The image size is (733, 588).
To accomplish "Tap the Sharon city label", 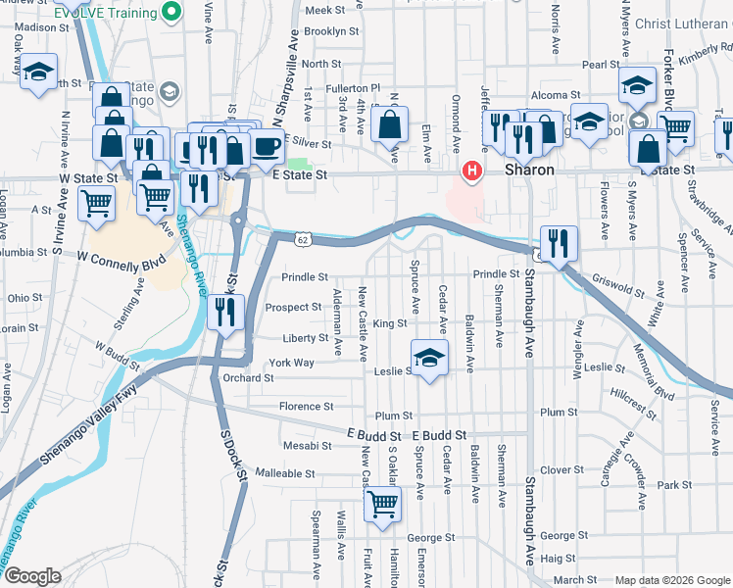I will tap(530, 170).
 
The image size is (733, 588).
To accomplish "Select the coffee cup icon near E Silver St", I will tap(267, 146).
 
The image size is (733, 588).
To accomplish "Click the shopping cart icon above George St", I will tap(382, 504).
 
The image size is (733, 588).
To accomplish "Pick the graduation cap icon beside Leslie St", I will tap(428, 358).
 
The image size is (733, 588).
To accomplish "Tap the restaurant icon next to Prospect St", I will tap(226, 312).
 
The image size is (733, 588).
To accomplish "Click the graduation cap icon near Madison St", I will tap(39, 73).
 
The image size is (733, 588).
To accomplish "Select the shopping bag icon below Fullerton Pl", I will tap(390, 125).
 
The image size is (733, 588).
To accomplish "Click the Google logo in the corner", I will tap(32, 576).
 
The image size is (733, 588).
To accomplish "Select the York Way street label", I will tap(291, 363).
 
